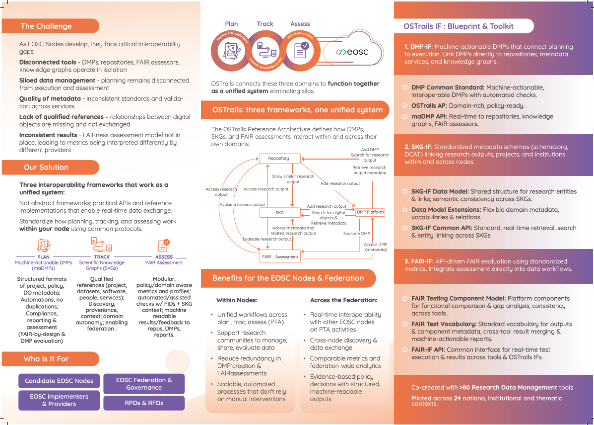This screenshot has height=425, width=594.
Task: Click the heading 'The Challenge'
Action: pyautogui.click(x=46, y=26)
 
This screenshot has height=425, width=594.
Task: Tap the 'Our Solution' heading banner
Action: pyautogui.click(x=46, y=168)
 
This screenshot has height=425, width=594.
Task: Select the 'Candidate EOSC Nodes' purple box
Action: pyautogui.click(x=59, y=381)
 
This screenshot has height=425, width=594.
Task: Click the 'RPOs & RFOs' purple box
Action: pyautogui.click(x=144, y=403)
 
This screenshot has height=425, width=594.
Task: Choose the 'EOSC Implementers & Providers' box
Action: pyautogui.click(x=59, y=400)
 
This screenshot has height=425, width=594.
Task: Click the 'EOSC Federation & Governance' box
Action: pyautogui.click(x=144, y=384)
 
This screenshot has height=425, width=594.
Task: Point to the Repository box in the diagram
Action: pyautogui.click(x=280, y=159)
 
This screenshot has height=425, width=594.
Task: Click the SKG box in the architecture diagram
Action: pyautogui.click(x=280, y=213)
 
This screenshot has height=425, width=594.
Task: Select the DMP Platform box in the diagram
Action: pyautogui.click(x=370, y=212)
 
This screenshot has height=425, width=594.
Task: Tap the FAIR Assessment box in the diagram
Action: pyautogui.click(x=280, y=257)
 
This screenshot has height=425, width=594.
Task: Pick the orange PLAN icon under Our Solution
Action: pyautogui.click(x=44, y=245)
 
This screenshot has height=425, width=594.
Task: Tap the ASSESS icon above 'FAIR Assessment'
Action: pyautogui.click(x=164, y=245)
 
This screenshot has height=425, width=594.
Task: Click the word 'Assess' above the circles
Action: pyautogui.click(x=300, y=24)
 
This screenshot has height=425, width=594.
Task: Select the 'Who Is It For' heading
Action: pyautogui.click(x=46, y=359)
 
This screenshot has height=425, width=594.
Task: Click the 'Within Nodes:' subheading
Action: pyautogui.click(x=237, y=300)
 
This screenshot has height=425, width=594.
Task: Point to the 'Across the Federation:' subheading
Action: pyautogui.click(x=343, y=300)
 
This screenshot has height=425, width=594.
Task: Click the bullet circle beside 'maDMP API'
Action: pyautogui.click(x=405, y=117)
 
